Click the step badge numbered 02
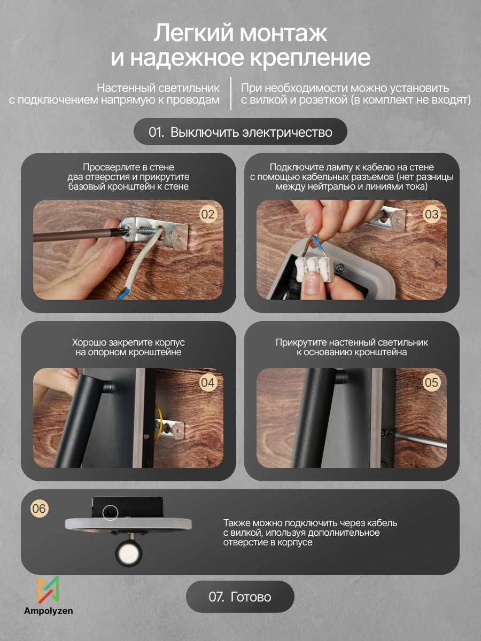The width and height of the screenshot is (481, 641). pos(208,215)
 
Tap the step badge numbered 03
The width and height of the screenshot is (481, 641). pos(431,215)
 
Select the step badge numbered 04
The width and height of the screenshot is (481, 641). pos(208,382)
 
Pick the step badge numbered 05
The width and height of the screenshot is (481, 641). pos(431,382)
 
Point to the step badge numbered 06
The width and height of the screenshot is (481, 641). pos(39,509)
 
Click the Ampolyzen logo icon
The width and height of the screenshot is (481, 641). pos(49,590)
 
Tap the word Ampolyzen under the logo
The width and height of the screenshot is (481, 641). pos(49,611)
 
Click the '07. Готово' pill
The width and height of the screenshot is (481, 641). pos(240,597)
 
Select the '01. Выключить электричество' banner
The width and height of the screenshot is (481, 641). pos(241,132)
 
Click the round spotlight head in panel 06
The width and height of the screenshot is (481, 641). pos(128,552)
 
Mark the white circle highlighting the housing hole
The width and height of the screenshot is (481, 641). pos(111,512)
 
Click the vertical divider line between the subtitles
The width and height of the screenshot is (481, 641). pos(231,93)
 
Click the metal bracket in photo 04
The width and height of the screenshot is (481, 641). pos(169,428)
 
